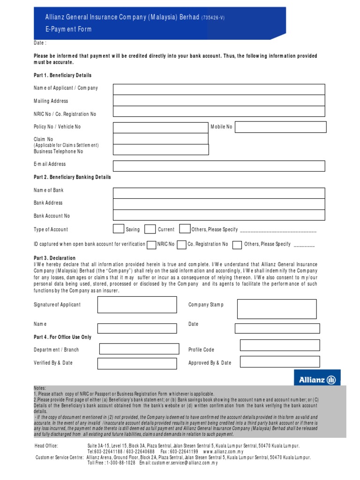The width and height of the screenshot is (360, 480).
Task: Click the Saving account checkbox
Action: [118, 229]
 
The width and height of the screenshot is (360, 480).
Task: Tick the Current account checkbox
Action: [150, 229]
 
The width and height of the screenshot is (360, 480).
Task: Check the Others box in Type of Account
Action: [185, 229]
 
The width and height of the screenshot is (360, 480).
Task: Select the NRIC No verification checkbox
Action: [151, 244]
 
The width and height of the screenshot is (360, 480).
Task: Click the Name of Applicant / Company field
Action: [218, 89]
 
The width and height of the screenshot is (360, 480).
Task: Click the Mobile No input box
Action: [280, 127]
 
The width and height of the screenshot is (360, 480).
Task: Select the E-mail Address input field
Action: [218, 166]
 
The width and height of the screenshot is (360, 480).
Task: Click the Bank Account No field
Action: [218, 215]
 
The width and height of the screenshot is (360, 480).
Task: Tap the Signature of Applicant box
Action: [137, 305]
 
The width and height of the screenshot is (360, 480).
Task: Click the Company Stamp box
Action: [277, 309]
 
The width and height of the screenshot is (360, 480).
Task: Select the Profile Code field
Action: [280, 345]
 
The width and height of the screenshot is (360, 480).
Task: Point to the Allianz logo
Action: [317, 380]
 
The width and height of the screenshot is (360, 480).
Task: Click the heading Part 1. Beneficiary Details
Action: [62, 75]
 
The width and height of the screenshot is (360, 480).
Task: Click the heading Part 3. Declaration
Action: [54, 258]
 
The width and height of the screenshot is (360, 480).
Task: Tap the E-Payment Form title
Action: [68, 29]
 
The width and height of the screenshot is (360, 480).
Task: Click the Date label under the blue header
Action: [40, 43]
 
